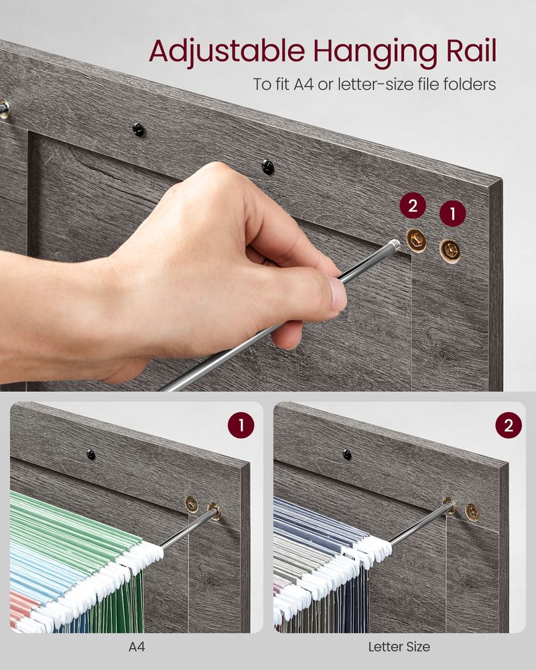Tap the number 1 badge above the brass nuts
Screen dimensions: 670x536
point(452,214)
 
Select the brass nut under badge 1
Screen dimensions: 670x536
point(450,251)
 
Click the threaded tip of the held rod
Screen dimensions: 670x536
point(394,246)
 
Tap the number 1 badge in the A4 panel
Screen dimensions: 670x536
point(241,425)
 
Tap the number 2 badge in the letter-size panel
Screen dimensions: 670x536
point(509,425)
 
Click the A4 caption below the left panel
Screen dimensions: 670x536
point(136,647)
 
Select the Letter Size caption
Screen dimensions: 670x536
point(399,647)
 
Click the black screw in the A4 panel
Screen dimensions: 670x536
point(91,455)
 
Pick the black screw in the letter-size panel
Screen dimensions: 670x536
point(347,455)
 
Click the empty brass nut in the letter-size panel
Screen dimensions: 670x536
point(472,512)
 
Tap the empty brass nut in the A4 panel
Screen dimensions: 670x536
point(192,503)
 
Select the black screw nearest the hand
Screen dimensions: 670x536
point(268,166)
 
